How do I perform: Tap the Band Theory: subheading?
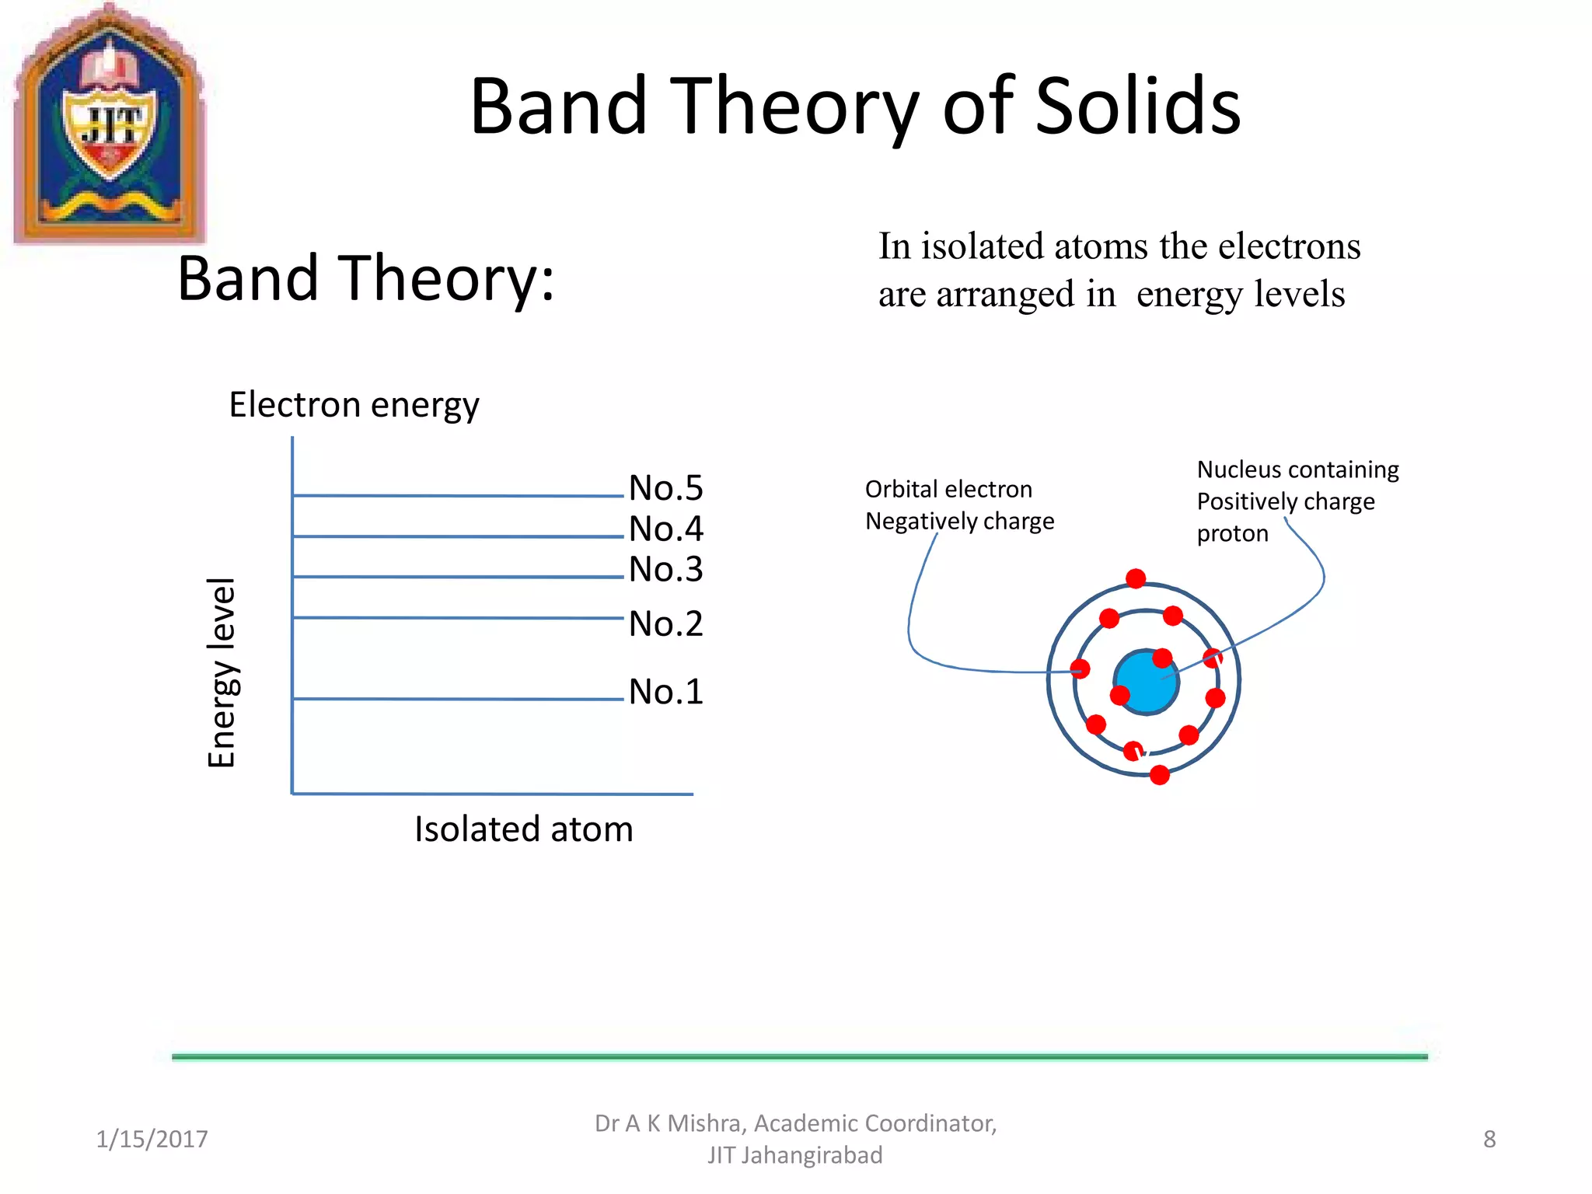tap(365, 278)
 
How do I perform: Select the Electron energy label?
tap(354, 406)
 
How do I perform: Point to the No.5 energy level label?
tap(665, 489)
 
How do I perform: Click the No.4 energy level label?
tap(665, 529)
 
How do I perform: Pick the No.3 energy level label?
tap(665, 570)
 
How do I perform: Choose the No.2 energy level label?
tap(665, 624)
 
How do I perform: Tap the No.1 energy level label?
tap(665, 692)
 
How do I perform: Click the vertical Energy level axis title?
tap(222, 672)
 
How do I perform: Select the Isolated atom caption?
tap(523, 829)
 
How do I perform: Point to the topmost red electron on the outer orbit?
tap(1136, 578)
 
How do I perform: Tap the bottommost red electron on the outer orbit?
tap(1159, 775)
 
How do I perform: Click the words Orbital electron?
tap(948, 490)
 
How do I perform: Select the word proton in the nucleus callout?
tap(1232, 534)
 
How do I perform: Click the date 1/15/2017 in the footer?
tap(152, 1140)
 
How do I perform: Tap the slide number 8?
tap(1489, 1140)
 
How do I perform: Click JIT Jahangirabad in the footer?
tap(794, 1156)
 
